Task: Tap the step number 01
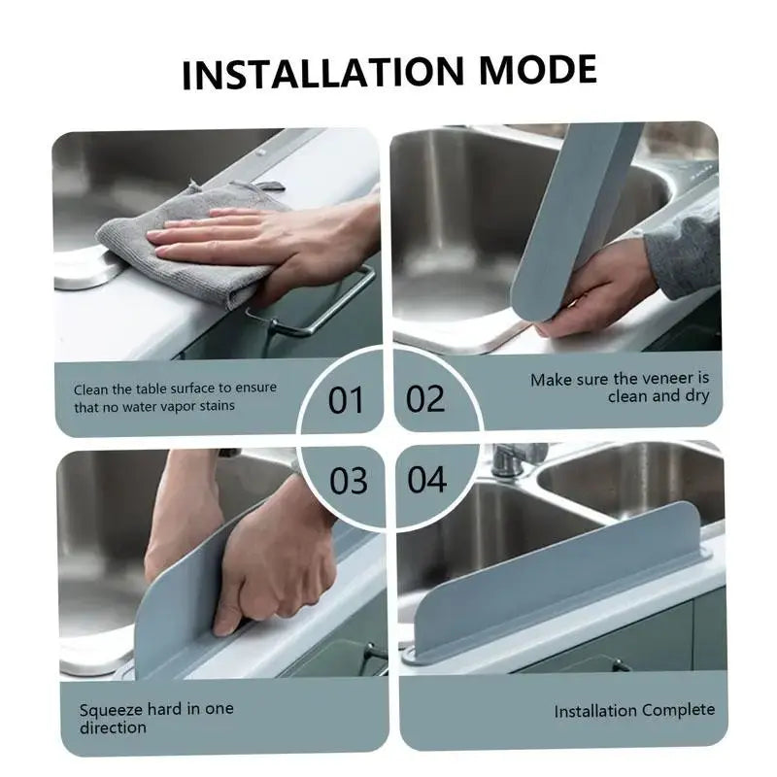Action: [345, 399]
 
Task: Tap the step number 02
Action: [425, 398]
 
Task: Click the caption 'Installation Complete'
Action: [634, 711]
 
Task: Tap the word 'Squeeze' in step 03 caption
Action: [112, 709]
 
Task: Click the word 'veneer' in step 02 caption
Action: [670, 379]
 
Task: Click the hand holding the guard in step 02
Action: [592, 291]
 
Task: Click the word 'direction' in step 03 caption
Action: [113, 727]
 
